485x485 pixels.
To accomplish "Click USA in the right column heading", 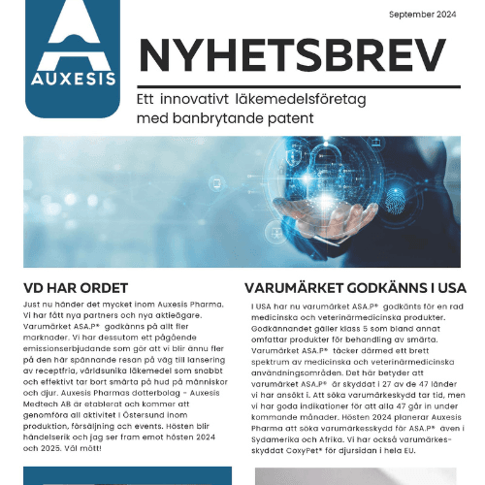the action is pyautogui.click(x=448, y=288).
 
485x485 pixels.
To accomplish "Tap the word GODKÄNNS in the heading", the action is pyautogui.click(x=380, y=288).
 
